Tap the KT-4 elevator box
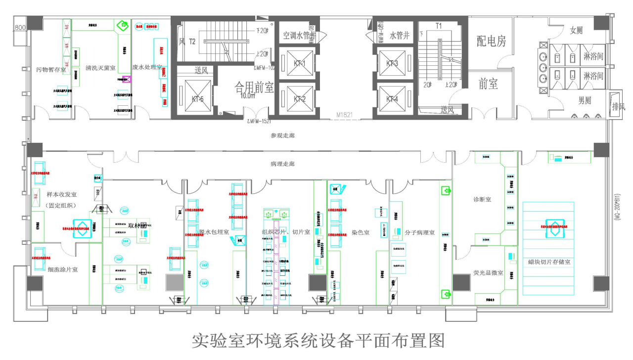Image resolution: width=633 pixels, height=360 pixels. coord(392,98)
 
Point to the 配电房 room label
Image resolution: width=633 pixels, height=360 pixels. coord(491,41)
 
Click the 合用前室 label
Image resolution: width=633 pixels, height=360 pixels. coord(254,88)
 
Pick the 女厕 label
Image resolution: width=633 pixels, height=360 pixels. coord(576,30)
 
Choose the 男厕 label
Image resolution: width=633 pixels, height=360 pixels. coord(585,100)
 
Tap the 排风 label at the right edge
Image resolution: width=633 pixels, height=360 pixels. coord(619,106)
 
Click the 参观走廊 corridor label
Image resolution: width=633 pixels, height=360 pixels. coord(282,135)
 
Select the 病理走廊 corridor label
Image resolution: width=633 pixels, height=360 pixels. coord(282,163)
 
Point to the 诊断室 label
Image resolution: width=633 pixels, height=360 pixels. coord(482,199)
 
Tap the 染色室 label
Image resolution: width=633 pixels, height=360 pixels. coord(361,232)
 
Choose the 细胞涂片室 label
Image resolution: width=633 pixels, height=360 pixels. coord(63,270)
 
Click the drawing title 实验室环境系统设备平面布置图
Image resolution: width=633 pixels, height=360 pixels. coord(318,341)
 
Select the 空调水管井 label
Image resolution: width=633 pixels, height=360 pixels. coord(299,36)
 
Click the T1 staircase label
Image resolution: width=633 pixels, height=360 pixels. coord(438,25)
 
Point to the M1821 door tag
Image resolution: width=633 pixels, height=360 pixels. coord(344,115)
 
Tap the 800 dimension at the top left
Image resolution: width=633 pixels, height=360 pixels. coord(20,28)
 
